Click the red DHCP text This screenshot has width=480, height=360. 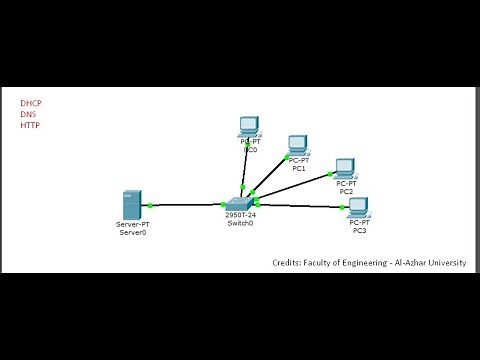click(x=31, y=103)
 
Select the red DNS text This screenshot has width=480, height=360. click(x=28, y=115)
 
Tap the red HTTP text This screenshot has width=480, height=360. click(x=30, y=126)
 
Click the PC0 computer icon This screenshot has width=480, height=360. click(x=249, y=127)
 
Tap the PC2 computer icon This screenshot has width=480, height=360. click(x=346, y=168)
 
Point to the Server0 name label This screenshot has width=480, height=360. click(x=133, y=233)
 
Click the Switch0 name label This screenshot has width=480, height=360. click(x=240, y=223)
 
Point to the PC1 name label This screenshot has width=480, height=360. click(x=298, y=169)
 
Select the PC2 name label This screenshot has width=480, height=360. click(x=346, y=191)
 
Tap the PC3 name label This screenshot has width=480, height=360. click(x=359, y=232)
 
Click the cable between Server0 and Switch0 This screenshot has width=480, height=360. click(x=185, y=205)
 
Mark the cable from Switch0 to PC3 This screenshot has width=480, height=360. click(x=300, y=206)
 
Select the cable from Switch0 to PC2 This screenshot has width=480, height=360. click(x=295, y=187)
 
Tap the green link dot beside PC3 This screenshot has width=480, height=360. click(x=343, y=208)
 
